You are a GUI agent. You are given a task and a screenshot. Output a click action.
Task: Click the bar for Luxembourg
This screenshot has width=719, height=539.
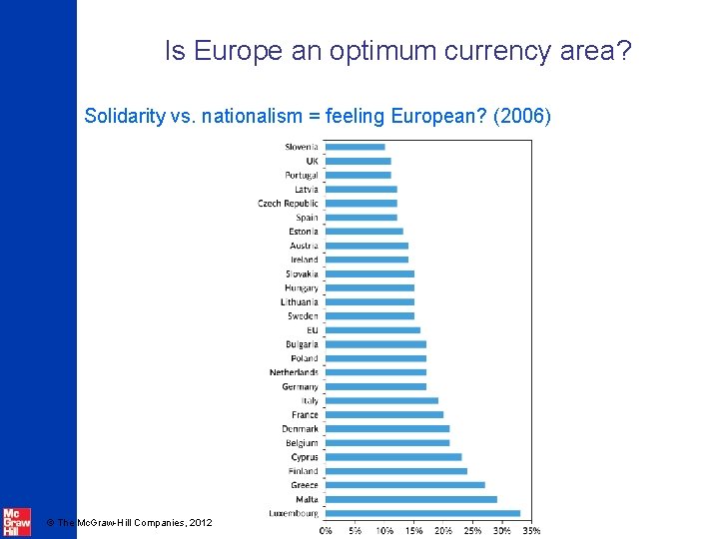422,513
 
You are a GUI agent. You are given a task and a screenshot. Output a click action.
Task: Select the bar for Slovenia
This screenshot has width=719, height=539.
355,147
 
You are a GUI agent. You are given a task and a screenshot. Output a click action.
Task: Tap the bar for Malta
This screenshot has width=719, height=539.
410,499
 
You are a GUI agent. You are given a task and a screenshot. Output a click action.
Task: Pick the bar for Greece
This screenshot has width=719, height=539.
404,485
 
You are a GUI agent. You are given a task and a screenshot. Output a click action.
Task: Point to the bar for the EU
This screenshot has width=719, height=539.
372,329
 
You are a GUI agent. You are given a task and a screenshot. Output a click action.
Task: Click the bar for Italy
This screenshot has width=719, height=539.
381,400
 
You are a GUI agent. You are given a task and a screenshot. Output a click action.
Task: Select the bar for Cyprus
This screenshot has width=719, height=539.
393,457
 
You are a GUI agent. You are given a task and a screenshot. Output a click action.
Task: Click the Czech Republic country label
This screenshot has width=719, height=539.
288,204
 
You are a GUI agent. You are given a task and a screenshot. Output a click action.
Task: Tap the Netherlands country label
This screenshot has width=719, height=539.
294,372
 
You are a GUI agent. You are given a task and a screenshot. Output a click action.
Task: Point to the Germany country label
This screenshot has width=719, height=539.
300,386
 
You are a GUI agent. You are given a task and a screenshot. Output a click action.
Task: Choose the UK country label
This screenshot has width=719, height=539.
312,161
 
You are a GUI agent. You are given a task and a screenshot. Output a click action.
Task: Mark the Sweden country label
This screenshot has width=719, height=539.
303,316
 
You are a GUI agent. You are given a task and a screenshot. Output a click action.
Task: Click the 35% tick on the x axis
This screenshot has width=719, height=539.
532,530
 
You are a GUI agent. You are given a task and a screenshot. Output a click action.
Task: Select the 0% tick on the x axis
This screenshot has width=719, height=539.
327,530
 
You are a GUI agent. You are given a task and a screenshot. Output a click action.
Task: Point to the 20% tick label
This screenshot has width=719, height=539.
443,530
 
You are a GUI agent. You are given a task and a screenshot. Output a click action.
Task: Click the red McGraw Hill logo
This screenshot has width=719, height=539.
16,522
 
